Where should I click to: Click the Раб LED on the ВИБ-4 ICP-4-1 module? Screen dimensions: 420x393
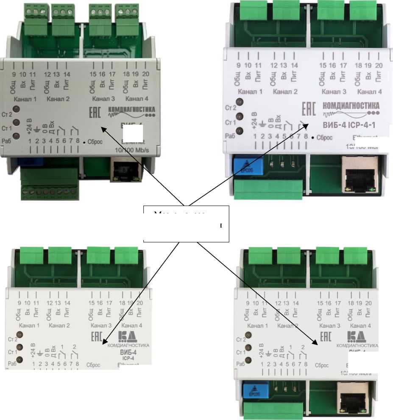click(240, 131)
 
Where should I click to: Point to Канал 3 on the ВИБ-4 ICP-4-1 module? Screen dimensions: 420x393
click(334, 91)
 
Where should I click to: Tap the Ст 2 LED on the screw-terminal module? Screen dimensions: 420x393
click(17, 110)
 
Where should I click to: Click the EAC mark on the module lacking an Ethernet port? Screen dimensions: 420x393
click(97, 337)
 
